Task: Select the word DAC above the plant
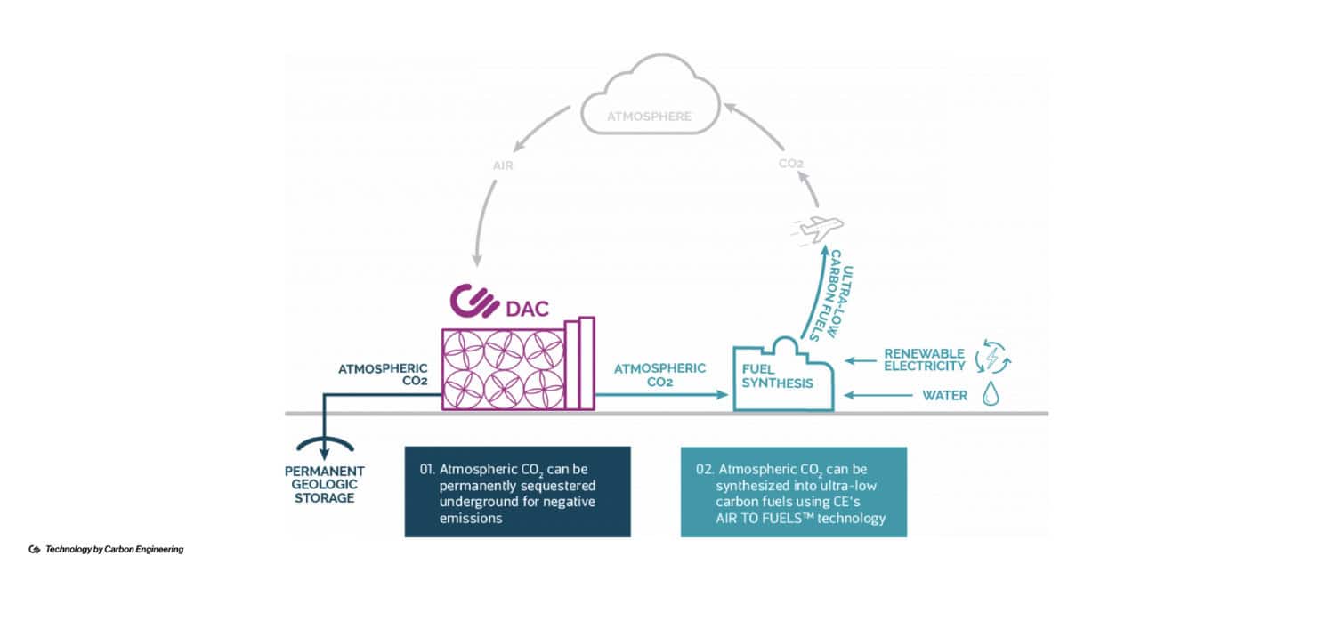(x=528, y=310)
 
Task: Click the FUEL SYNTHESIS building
(x=782, y=378)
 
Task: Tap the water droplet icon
(x=991, y=394)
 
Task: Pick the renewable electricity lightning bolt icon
(x=993, y=358)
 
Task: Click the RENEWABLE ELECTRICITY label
(x=924, y=359)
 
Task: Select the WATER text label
(x=944, y=395)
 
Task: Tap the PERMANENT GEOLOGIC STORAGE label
(x=326, y=484)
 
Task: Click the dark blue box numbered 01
(x=517, y=492)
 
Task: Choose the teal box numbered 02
(x=793, y=492)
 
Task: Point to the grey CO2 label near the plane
(x=791, y=164)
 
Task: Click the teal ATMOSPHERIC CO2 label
(x=659, y=375)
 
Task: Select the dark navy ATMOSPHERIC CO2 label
(x=383, y=375)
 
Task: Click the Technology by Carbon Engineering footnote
(x=113, y=550)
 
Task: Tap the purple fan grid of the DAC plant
(x=505, y=368)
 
